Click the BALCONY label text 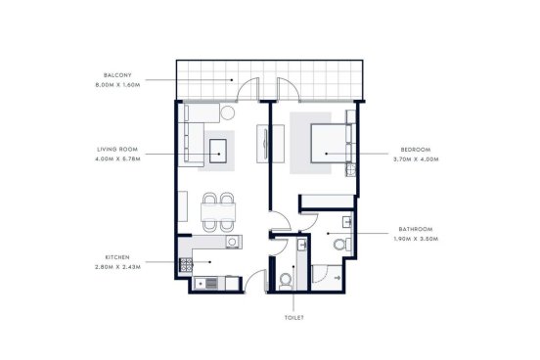point(117,75)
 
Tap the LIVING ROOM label point(117,150)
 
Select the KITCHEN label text point(117,257)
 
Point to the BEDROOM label point(416,150)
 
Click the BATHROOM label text point(416,229)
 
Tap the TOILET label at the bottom point(294,318)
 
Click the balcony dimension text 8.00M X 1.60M point(117,85)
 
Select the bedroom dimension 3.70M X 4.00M point(416,159)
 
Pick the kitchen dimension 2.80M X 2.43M point(117,267)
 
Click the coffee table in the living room point(218,152)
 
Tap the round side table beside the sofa point(227,112)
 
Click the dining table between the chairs point(218,212)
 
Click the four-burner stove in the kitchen point(186,265)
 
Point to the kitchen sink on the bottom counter point(205,284)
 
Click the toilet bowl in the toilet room point(285,281)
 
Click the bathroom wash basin point(347,222)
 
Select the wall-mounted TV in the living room point(265,143)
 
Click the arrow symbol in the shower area point(337,278)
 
